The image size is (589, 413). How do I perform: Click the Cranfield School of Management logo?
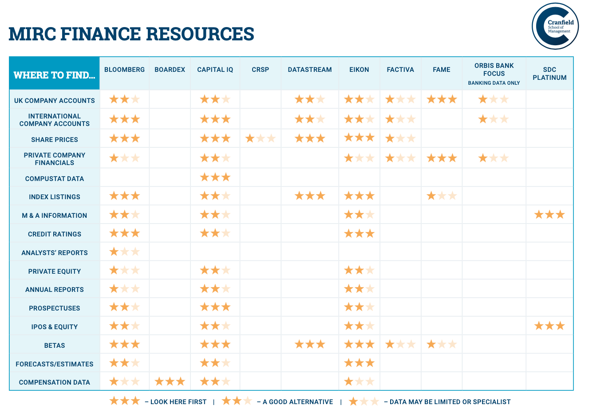point(555,26)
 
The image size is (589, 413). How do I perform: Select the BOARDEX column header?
point(170,70)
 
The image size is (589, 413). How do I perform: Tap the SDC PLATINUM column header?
point(549,74)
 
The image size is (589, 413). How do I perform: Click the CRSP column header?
point(260,70)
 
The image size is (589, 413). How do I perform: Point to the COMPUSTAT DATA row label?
point(55,179)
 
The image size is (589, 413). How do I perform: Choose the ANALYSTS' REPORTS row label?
point(55,253)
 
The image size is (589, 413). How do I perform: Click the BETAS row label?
point(55,346)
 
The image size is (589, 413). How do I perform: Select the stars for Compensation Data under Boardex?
point(170,382)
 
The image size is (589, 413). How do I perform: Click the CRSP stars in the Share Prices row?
point(260,139)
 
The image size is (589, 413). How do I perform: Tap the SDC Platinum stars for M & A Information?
point(549,215)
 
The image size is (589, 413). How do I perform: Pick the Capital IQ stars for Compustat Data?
point(215,178)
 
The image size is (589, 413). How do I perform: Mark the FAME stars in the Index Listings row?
point(441,196)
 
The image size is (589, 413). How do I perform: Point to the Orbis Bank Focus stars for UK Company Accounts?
point(494,99)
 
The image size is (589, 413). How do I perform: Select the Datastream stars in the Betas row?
point(310,344)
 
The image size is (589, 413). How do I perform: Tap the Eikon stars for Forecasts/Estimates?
point(359,363)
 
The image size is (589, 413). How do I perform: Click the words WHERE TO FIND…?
point(54,75)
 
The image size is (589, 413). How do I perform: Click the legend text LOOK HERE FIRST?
point(178,402)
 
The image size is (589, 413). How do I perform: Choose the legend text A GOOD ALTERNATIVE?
point(298,402)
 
